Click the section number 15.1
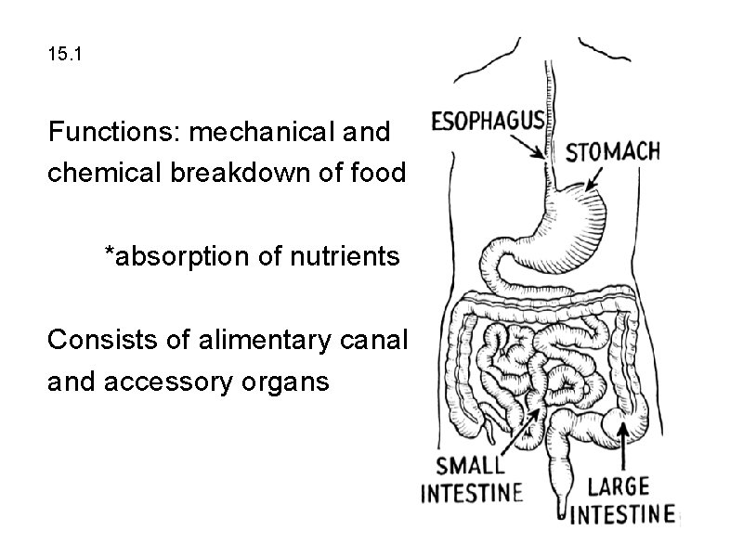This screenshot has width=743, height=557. (x=64, y=56)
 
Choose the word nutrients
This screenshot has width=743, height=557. (x=345, y=256)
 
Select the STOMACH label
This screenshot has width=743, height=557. (x=613, y=150)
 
